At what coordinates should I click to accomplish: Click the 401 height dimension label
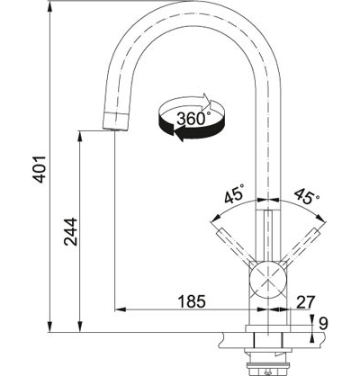pyautogui.click(x=40, y=169)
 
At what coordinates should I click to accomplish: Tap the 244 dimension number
pyautogui.click(x=71, y=232)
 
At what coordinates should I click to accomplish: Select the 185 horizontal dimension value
pyautogui.click(x=192, y=301)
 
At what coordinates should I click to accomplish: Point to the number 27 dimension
pyautogui.click(x=306, y=302)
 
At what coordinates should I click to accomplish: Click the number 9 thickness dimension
pyautogui.click(x=324, y=324)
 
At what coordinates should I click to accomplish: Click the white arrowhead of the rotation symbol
pyautogui.click(x=208, y=102)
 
